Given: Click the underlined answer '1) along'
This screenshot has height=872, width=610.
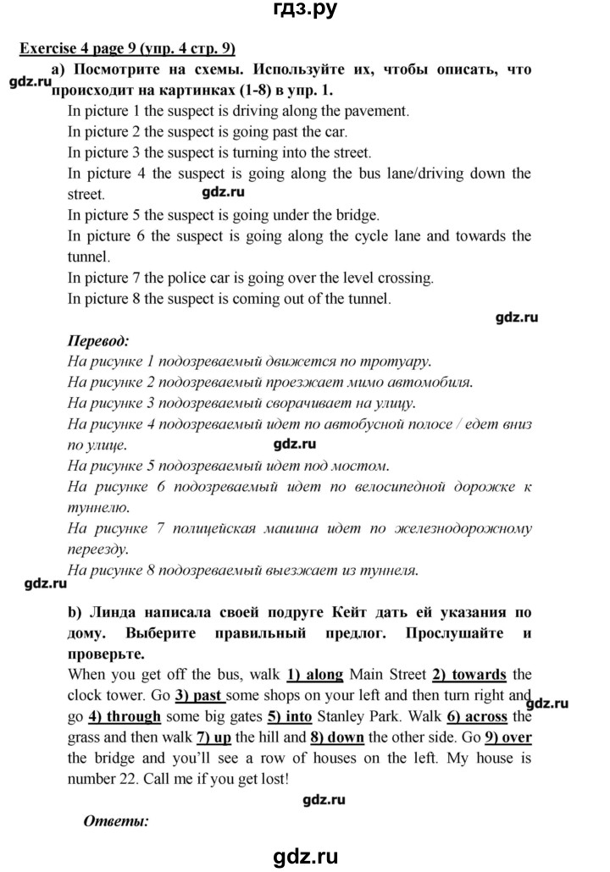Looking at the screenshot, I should pyautogui.click(x=315, y=675).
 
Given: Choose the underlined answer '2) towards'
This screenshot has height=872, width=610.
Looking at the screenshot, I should pyautogui.click(x=469, y=675).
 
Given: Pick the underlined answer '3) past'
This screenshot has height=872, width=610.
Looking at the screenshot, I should pyautogui.click(x=199, y=696).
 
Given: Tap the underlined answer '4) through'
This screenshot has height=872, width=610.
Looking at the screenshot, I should pyautogui.click(x=125, y=717).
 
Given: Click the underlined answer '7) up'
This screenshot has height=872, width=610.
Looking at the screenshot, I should pyautogui.click(x=213, y=737).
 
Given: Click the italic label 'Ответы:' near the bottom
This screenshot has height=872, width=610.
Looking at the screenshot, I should pyautogui.click(x=116, y=820).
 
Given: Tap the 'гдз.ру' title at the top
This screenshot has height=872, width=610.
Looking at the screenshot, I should pyautogui.click(x=305, y=12).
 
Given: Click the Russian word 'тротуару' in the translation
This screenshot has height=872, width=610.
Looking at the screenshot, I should pyautogui.click(x=385, y=361).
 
